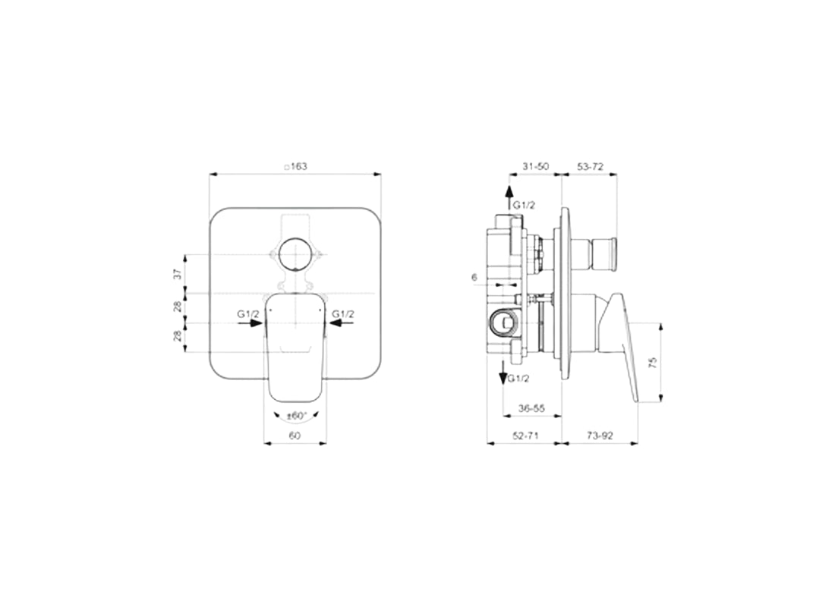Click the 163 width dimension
point(295,166)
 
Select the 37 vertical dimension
point(178,274)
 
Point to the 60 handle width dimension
point(295,436)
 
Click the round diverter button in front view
point(294,255)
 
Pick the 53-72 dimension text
point(590,166)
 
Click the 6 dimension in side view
point(474,278)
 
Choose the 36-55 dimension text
point(531,408)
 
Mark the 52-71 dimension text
point(525,436)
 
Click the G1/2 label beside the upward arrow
point(525,206)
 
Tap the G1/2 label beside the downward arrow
point(519,378)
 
